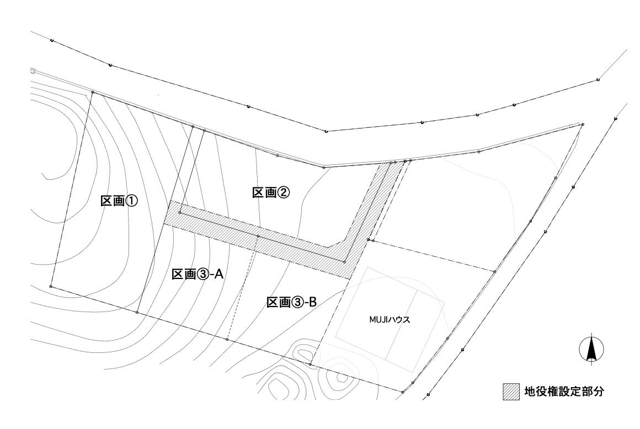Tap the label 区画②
tap(271, 192)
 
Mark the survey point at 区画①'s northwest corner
tap(92, 93)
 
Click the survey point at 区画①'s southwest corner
tap(51, 286)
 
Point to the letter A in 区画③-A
tap(218, 274)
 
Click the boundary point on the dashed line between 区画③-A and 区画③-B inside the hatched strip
tap(258, 236)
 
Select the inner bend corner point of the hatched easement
tap(344, 262)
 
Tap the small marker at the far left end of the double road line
tap(33, 71)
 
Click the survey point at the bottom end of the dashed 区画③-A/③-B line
tap(227, 339)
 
